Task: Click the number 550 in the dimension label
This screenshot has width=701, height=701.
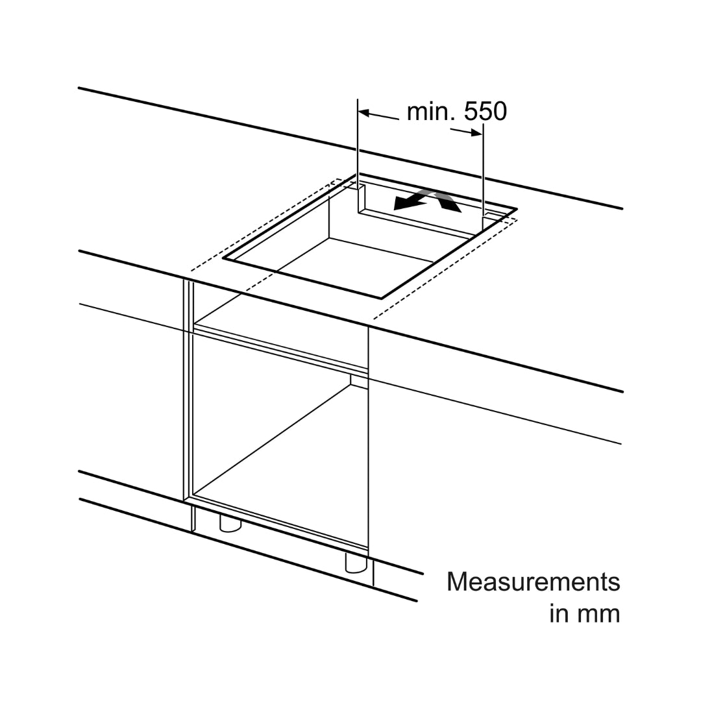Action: [x=485, y=112]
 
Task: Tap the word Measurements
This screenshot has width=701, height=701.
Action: [x=534, y=582]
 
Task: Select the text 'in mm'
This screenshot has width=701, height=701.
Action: [x=585, y=613]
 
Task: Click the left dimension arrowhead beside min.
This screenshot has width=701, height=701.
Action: [x=364, y=113]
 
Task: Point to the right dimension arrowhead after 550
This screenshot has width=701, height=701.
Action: [x=476, y=132]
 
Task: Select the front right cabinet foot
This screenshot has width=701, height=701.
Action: [x=356, y=562]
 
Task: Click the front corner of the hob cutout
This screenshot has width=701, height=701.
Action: [x=382, y=298]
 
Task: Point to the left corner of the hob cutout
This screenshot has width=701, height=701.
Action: [x=223, y=258]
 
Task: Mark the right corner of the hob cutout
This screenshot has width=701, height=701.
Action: [x=517, y=209]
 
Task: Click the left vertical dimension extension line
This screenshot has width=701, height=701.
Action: [x=358, y=142]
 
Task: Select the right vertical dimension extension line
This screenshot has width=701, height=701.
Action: [x=483, y=170]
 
